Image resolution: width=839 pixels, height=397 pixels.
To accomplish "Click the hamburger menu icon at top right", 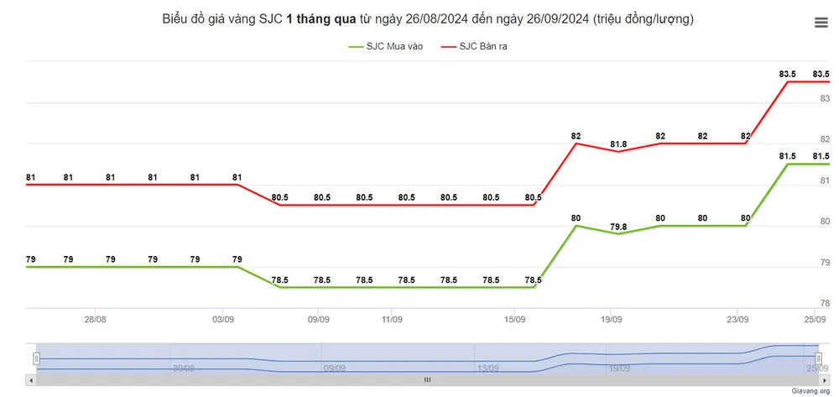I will [821, 24].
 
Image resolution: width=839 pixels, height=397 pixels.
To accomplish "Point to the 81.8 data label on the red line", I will [618, 144].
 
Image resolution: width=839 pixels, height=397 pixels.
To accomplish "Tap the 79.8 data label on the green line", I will [618, 226].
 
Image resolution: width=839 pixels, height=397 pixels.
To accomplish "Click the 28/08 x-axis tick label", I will [96, 319].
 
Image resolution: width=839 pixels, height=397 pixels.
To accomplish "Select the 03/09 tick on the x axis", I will [223, 319].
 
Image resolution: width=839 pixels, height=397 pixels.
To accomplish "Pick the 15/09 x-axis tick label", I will [514, 319].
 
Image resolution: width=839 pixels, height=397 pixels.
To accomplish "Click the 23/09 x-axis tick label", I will [737, 319].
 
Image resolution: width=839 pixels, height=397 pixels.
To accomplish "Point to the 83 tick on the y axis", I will [824, 98].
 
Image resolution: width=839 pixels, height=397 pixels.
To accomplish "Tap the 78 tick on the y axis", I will [824, 303].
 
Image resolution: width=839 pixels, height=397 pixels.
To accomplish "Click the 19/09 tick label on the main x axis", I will [611, 319].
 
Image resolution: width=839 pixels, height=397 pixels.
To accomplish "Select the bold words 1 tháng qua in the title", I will [321, 18].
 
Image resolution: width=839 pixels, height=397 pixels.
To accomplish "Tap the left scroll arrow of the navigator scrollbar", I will [32, 380].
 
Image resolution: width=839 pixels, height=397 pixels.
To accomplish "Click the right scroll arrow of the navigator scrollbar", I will [824, 380].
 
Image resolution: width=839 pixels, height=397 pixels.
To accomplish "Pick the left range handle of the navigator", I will [36, 358].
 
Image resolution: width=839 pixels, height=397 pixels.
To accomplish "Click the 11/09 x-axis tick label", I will [392, 319].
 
